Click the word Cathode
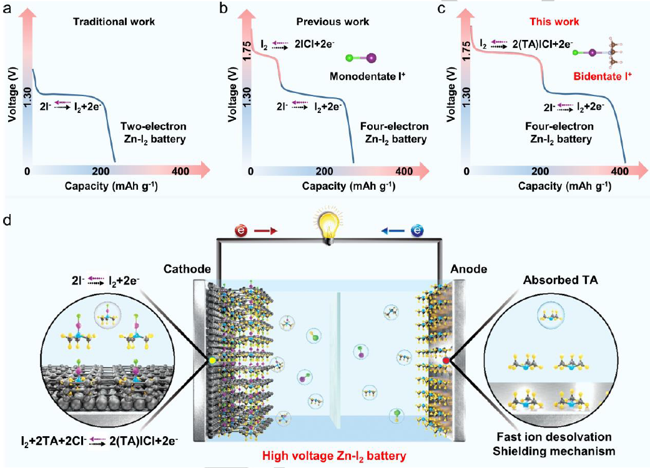[186, 269]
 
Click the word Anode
[468, 269]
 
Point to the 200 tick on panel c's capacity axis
[540, 172]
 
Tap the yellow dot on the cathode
[212, 361]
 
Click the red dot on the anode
[446, 361]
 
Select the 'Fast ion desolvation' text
[554, 437]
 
